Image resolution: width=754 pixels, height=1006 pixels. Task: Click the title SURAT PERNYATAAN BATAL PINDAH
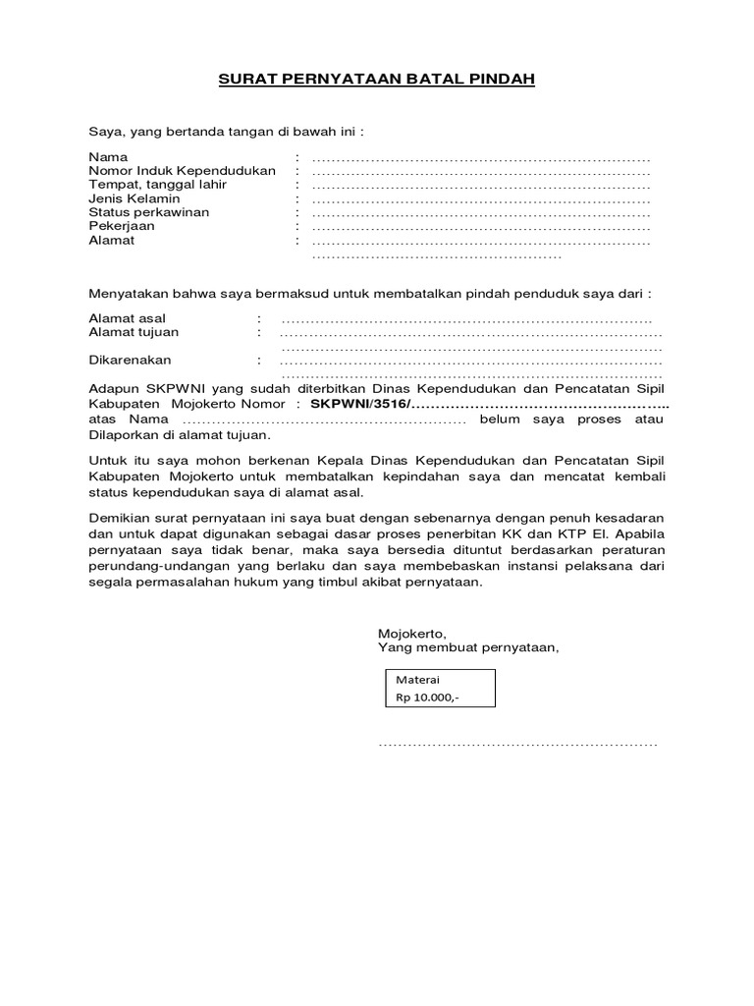point(376,80)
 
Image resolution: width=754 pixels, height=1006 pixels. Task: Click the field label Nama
point(108,157)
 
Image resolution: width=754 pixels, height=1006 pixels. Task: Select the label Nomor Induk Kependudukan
point(182,171)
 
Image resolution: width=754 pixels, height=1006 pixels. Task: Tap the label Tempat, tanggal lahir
point(157,185)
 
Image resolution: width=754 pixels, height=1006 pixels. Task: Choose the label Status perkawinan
point(148,212)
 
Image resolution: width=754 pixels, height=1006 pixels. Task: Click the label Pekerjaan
point(122,226)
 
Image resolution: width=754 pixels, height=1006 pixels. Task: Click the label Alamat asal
point(128,318)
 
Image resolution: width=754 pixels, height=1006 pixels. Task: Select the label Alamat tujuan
point(134,332)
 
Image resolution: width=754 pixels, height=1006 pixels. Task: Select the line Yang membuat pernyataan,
point(468,646)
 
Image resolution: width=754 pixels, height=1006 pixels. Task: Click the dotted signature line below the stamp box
point(517,745)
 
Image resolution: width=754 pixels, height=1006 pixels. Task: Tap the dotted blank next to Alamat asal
point(466,319)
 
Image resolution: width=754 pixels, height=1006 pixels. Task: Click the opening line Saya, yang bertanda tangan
point(227,131)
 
